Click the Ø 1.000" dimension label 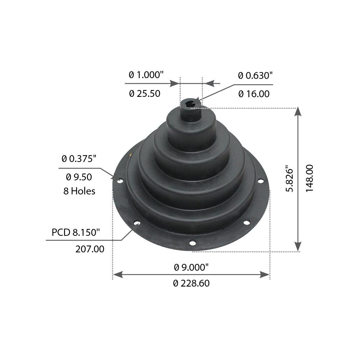[x=146, y=75]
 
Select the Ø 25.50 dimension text [x=144, y=94]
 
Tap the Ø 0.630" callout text [x=255, y=75]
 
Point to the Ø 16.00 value [x=254, y=94]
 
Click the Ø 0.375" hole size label [x=79, y=158]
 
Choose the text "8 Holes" [x=79, y=191]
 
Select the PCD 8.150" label [x=75, y=232]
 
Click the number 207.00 [x=90, y=249]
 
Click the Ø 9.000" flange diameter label [x=191, y=267]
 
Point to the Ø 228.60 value [x=191, y=283]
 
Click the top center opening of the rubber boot [x=190, y=104]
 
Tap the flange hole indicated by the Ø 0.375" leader [x=120, y=180]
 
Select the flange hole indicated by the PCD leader [x=137, y=224]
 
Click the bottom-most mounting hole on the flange [x=193, y=243]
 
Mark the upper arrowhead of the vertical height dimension [x=298, y=112]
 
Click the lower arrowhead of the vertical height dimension [x=298, y=247]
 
